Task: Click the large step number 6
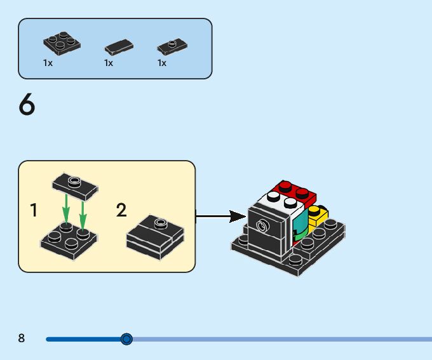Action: coord(27,104)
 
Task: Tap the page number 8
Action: coord(22,338)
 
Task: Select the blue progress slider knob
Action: coord(126,339)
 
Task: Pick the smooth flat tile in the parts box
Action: coord(119,47)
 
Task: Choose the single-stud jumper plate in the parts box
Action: coord(172,46)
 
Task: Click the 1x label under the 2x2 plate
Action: coord(48,63)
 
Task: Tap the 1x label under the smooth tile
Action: coord(109,63)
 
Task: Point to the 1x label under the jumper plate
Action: coord(162,63)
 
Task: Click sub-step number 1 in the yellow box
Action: coord(34,210)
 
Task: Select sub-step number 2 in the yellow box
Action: coord(121,210)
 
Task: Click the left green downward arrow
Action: coord(66,210)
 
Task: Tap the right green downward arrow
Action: coord(83,212)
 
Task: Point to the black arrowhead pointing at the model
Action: coord(238,217)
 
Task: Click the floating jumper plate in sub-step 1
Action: coord(75,187)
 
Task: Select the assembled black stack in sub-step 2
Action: coord(156,237)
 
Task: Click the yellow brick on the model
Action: coord(318,217)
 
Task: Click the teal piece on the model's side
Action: coord(300,223)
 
